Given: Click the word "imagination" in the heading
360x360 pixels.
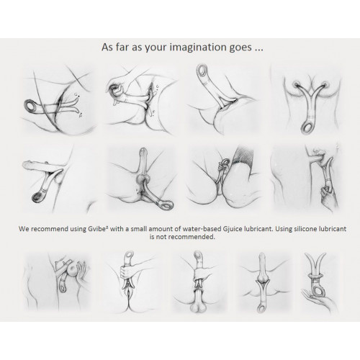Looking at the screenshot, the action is point(197,47).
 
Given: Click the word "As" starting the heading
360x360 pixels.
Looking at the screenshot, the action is point(107,47).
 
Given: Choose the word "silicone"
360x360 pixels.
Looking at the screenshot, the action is point(303,229).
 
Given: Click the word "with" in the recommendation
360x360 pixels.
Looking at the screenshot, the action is point(117,229).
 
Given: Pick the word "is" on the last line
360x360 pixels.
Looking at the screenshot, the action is point(152,237).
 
